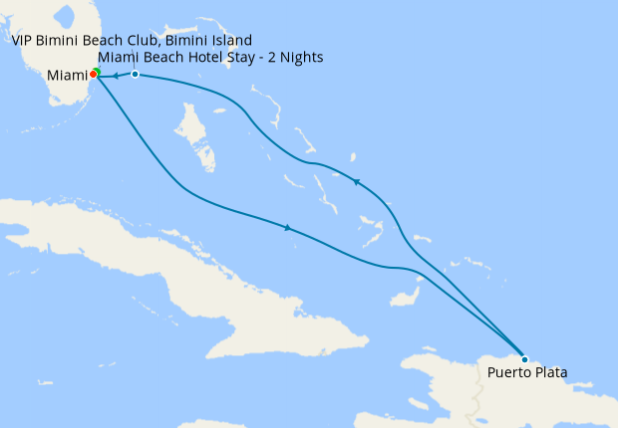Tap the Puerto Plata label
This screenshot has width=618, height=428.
click(x=528, y=373)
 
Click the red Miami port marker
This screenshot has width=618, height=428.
click(x=92, y=74)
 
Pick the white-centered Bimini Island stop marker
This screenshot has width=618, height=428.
click(x=135, y=75)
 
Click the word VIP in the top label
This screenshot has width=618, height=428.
click(x=24, y=40)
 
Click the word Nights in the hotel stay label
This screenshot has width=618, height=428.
click(x=302, y=58)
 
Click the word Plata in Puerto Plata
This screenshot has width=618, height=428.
click(x=549, y=373)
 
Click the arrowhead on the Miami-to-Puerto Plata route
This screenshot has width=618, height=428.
click(x=288, y=228)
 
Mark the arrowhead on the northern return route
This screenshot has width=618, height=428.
click(x=356, y=181)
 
